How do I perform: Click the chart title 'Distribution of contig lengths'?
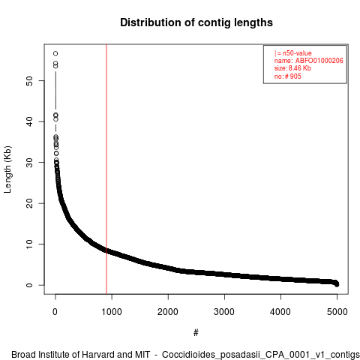pos(196,22)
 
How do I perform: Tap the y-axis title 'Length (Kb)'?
pos(7,169)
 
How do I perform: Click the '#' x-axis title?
pos(196,332)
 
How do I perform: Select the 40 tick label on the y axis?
pos(29,121)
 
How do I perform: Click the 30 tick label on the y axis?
pos(29,162)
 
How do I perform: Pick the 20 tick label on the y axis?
pos(29,203)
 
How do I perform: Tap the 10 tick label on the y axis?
pos(29,244)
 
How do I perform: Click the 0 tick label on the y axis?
pos(29,285)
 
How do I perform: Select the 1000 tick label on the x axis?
pos(112,312)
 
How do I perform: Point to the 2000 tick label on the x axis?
pos(168,312)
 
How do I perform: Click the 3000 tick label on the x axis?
pos(224,312)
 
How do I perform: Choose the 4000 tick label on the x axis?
pos(280,312)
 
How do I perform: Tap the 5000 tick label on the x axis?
pos(337,312)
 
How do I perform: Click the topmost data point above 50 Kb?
pos(55,53)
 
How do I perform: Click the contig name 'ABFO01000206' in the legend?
pos(319,61)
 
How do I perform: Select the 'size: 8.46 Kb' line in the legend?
pos(292,68)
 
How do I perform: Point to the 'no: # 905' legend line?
pos(288,76)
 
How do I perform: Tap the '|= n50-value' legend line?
pos(293,53)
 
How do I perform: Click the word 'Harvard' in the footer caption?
pos(97,355)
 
